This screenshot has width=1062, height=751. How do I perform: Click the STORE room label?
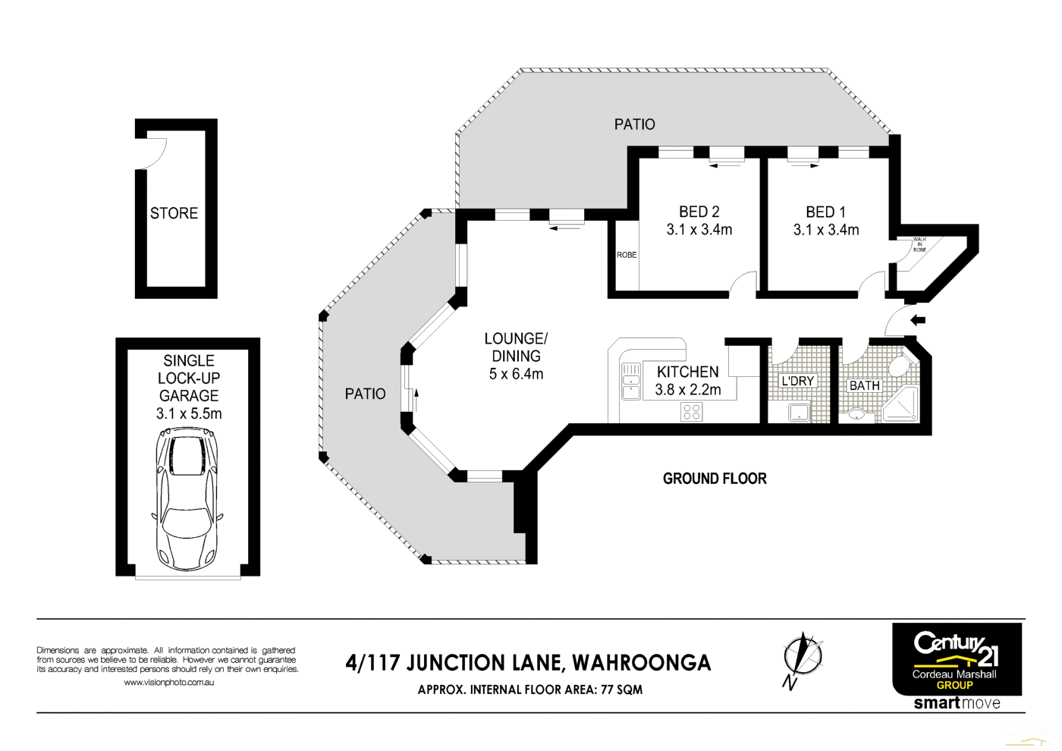point(174,213)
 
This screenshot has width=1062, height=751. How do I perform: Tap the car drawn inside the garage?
point(187,499)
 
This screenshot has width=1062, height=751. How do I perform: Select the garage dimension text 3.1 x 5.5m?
point(189,413)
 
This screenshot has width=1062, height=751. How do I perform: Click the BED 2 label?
point(699,212)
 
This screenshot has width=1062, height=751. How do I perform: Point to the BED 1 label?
point(825,212)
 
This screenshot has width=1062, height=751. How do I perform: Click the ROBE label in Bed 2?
point(627,255)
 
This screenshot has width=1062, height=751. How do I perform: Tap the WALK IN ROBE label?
point(919,244)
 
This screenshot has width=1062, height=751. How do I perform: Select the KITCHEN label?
point(687,372)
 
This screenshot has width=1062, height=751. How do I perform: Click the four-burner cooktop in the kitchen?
point(692,412)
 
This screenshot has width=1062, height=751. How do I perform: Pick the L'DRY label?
point(797,381)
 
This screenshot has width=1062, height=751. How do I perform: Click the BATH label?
point(864,385)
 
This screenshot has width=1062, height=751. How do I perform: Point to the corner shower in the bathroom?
point(901,404)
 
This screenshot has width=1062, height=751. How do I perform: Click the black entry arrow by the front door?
point(918,320)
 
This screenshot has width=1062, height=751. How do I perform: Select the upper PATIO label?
point(634,124)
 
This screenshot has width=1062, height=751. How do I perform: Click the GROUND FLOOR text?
point(715,479)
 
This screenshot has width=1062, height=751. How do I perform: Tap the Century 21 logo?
point(956,658)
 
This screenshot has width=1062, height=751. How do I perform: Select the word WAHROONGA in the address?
point(641,663)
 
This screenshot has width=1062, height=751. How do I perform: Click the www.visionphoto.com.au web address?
point(168,682)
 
